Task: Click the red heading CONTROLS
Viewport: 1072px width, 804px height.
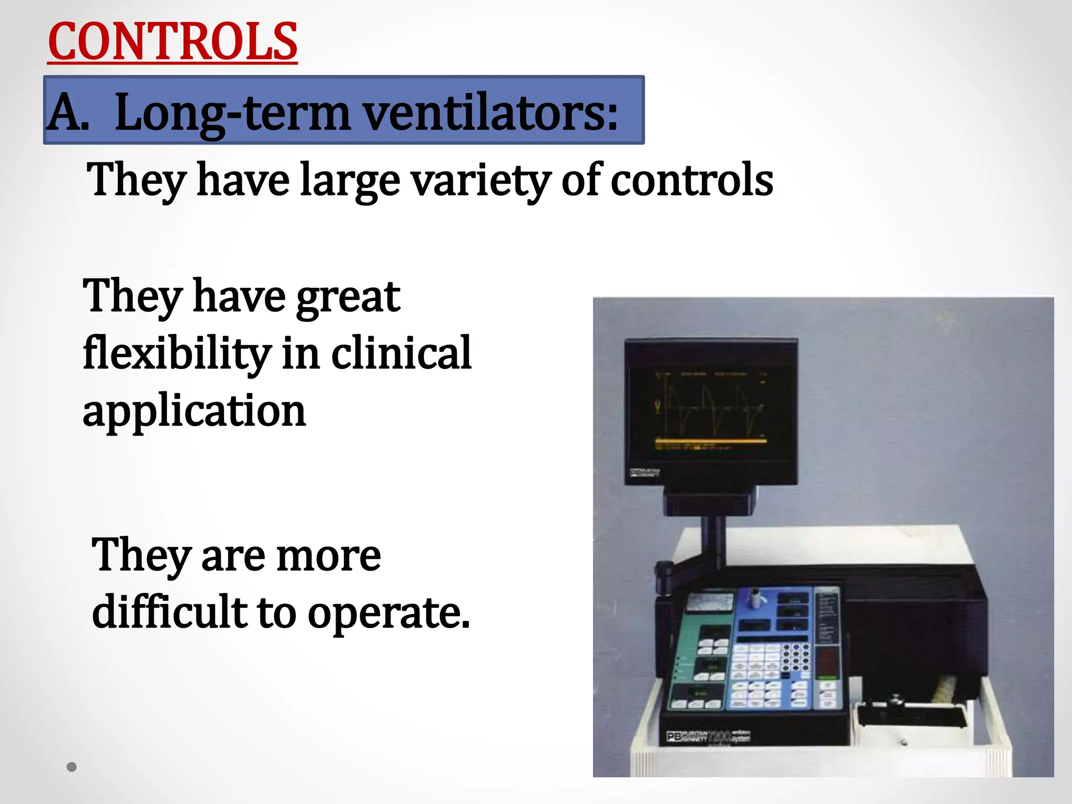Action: pyautogui.click(x=172, y=42)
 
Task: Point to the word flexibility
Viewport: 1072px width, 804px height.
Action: pyautogui.click(x=176, y=354)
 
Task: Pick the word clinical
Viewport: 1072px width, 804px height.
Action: pyautogui.click(x=401, y=353)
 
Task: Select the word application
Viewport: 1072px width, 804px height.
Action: pyautogui.click(x=194, y=411)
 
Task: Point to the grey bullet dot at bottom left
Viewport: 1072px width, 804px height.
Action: pyautogui.click(x=72, y=767)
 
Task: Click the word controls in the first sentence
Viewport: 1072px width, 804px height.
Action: pyautogui.click(x=691, y=181)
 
